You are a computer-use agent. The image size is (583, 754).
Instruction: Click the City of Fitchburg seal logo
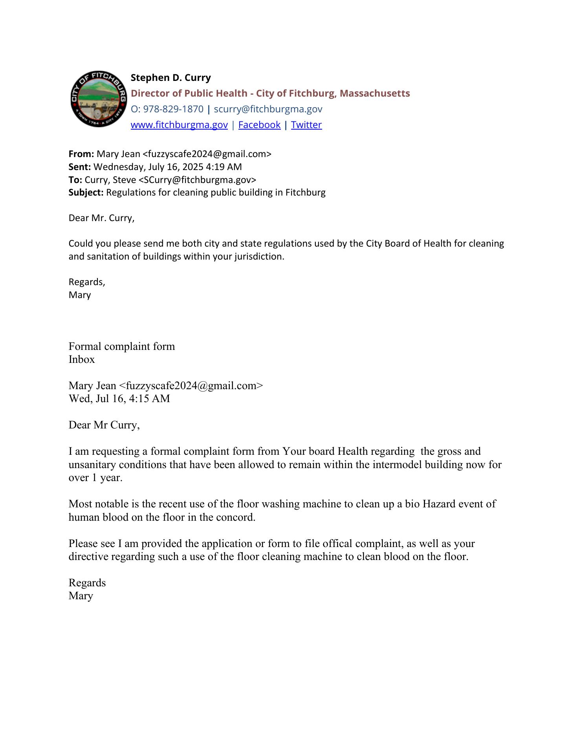pyautogui.click(x=98, y=99)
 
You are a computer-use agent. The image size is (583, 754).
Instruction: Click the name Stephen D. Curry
pyautogui.click(x=170, y=78)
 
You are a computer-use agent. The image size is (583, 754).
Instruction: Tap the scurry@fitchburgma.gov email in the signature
pyautogui.click(x=268, y=109)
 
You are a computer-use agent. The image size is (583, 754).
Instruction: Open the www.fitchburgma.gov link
pyautogui.click(x=179, y=125)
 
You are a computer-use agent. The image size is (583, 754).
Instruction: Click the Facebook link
pyautogui.click(x=259, y=125)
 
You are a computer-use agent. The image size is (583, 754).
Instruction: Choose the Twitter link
pyautogui.click(x=306, y=125)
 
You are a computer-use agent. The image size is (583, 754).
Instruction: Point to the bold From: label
pyautogui.click(x=81, y=154)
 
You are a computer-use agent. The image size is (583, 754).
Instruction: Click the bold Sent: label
pyautogui.click(x=80, y=167)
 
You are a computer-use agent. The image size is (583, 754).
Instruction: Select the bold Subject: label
pyautogui.click(x=86, y=192)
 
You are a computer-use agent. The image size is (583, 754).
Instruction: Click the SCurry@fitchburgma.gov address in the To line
pyautogui.click(x=197, y=180)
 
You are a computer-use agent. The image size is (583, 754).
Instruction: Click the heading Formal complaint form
pyautogui.click(x=122, y=346)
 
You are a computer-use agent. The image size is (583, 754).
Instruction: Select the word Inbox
pyautogui.click(x=82, y=359)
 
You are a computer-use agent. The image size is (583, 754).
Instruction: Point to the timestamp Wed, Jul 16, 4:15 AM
pyautogui.click(x=119, y=399)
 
